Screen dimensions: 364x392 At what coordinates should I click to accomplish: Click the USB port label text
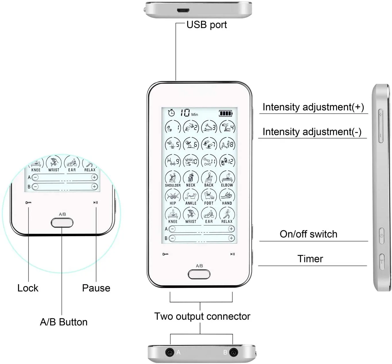pyautogui.click(x=206, y=25)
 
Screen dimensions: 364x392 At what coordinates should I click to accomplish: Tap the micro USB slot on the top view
pyautogui.click(x=183, y=11)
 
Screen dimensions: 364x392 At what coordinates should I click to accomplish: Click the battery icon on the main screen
pyautogui.click(x=226, y=113)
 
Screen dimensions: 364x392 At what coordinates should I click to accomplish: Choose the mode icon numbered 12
pyautogui.click(x=227, y=161)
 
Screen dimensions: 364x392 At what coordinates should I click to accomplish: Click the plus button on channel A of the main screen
pyautogui.click(x=231, y=229)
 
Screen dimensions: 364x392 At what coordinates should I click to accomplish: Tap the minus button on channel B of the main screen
pyautogui.click(x=172, y=238)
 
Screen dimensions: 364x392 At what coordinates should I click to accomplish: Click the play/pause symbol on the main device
pyautogui.click(x=233, y=254)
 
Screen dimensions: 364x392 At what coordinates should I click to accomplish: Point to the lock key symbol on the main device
pyautogui.click(x=165, y=254)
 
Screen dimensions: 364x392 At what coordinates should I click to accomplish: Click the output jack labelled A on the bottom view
pyautogui.click(x=170, y=352)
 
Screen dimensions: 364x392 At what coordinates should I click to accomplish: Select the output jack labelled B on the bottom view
pyautogui.click(x=233, y=352)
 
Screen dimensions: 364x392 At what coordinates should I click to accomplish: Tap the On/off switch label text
pyautogui.click(x=308, y=234)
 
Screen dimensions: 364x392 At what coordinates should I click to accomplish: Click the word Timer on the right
pyautogui.click(x=310, y=259)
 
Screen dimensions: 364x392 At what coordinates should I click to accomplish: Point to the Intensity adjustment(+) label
pyautogui.click(x=313, y=107)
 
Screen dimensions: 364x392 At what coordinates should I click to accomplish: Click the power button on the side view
pyautogui.click(x=381, y=236)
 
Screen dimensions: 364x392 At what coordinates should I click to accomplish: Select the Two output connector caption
pyautogui.click(x=202, y=316)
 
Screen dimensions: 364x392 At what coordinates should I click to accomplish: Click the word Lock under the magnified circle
pyautogui.click(x=28, y=288)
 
